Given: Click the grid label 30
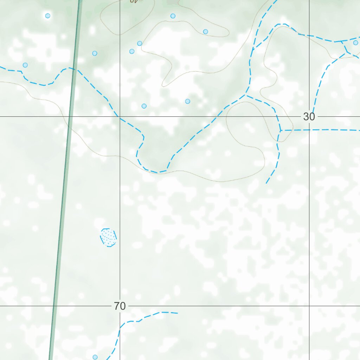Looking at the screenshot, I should coord(309,117).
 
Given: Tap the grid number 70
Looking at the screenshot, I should coord(120,306).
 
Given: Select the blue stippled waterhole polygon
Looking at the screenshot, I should coord(108,237).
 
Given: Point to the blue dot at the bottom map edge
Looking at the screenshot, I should coord(95,357).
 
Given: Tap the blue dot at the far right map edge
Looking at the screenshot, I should coord(355,43).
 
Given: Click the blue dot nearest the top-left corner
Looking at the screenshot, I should coord(48,15).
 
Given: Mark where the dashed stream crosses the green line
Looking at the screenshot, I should coord(73,68).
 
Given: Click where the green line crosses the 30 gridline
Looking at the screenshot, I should coord(70,116).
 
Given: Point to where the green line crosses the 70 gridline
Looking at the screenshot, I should coord(54,306).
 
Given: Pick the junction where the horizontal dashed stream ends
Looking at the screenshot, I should coord(280,130).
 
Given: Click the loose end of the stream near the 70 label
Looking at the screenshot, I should coord(178,313).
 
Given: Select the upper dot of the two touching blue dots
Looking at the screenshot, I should coord(140,43).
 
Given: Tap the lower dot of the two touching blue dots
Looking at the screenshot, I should coord(132,51).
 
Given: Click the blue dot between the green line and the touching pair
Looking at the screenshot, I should coord(95,53).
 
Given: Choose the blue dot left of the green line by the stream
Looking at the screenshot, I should coord(25,65).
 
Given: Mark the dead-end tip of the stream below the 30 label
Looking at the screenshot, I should coord(266,183).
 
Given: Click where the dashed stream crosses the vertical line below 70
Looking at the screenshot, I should coord(120,328).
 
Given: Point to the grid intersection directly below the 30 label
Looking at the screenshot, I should coord(309,306).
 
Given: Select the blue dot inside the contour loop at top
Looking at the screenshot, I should coord(206,32).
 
